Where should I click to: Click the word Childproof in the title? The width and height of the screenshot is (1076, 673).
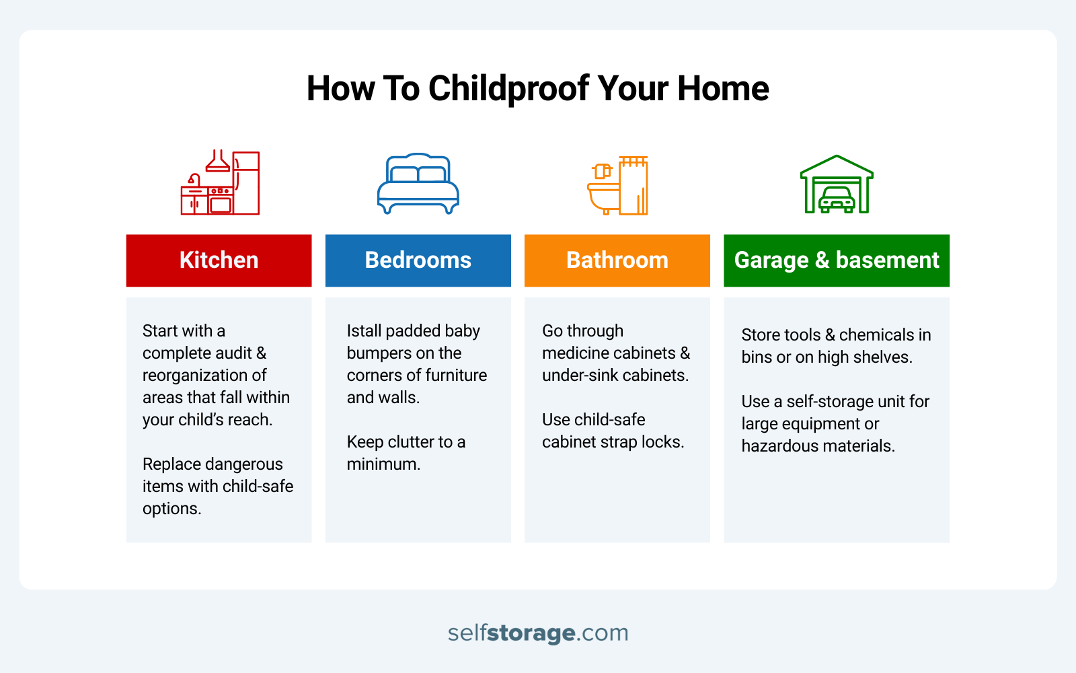pos(509,89)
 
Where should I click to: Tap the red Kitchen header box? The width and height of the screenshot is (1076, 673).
pos(219,260)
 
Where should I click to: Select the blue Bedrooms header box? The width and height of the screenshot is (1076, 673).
pos(418,260)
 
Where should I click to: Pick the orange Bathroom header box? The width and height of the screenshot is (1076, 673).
pos(617,260)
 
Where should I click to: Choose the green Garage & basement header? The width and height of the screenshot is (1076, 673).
pos(836,260)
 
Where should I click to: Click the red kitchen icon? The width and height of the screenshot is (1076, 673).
pos(220,183)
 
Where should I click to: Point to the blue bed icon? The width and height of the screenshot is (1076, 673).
pos(418,184)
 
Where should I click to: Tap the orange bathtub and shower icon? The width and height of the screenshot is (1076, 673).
pos(617,185)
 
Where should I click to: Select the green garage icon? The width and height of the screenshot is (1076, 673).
pos(836,184)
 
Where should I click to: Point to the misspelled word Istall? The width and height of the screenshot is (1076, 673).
pos(364,331)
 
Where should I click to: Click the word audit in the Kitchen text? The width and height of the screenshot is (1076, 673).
pos(233,353)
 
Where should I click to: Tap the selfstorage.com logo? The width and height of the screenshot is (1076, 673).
pos(538,633)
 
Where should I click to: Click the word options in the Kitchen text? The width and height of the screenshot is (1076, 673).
pos(171,509)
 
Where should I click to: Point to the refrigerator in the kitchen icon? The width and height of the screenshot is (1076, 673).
pos(246,183)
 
